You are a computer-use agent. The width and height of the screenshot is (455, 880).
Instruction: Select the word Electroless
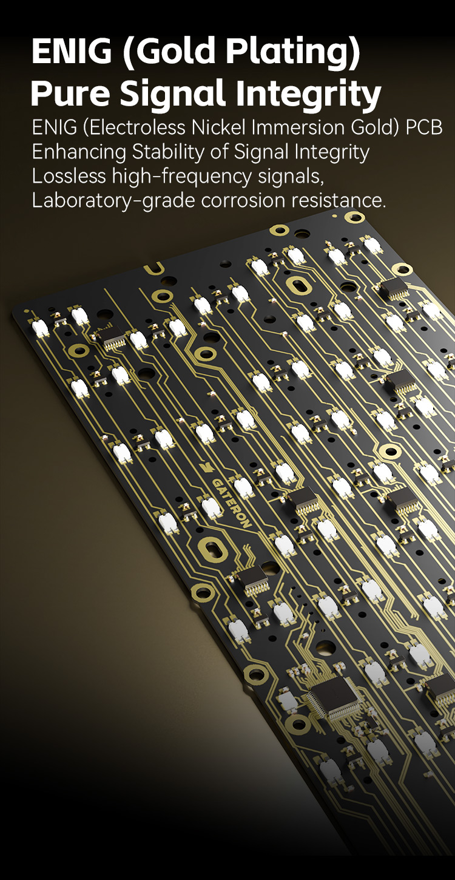(134, 127)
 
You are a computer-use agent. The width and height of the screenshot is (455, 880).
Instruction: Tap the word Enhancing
(79, 152)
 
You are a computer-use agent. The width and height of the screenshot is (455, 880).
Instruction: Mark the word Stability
(169, 152)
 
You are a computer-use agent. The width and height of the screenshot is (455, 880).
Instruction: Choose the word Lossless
(69, 176)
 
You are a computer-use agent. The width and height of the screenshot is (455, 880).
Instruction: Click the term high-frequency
(181, 177)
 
